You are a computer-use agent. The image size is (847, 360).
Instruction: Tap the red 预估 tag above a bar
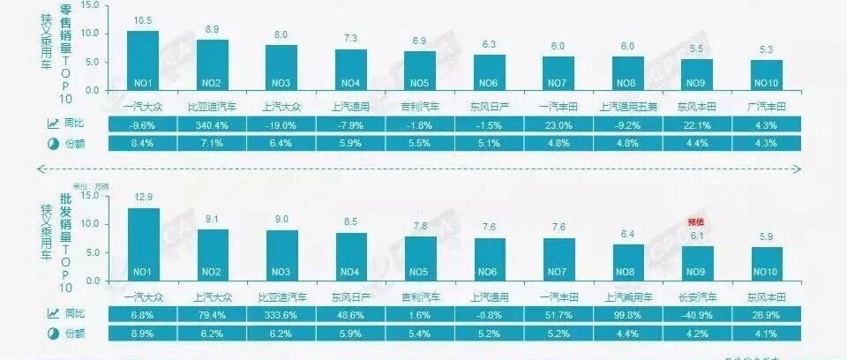click(696, 222)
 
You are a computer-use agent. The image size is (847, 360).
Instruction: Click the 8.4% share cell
click(143, 143)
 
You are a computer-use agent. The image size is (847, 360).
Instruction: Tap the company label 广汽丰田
click(766, 107)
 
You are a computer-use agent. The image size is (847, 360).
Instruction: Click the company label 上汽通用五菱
click(627, 107)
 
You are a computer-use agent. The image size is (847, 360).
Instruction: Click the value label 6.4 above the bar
click(627, 234)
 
